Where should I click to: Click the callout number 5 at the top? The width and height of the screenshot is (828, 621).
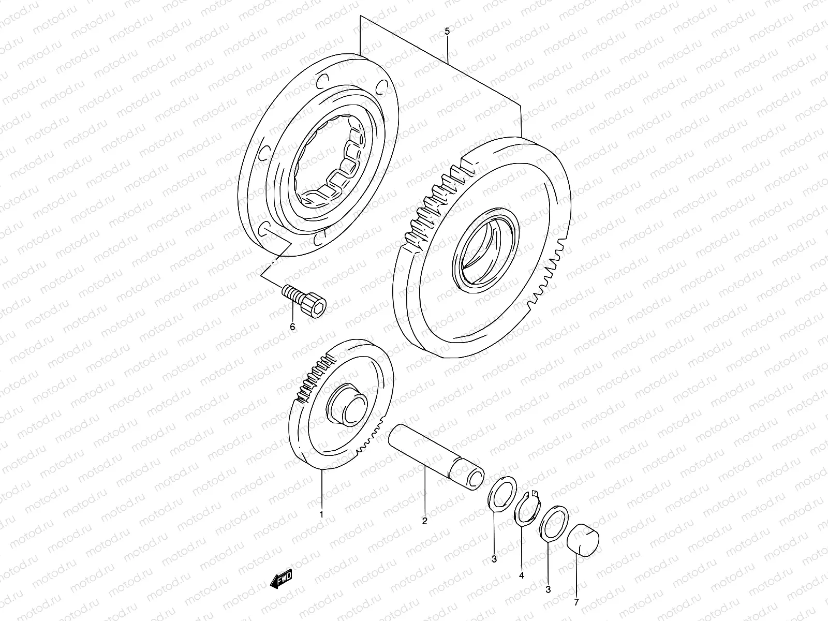[447, 32]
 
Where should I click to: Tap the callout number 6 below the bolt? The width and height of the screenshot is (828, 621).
[292, 327]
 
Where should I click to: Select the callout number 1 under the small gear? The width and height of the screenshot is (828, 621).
[321, 514]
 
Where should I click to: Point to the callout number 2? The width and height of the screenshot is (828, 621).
[424, 521]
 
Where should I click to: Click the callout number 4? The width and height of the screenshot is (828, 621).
[522, 575]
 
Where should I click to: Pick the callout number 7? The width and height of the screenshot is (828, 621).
[576, 602]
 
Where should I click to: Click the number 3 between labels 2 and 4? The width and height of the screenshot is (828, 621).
[494, 559]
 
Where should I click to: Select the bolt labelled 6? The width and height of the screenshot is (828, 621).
[306, 301]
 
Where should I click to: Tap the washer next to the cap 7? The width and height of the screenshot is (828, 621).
[554, 525]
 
